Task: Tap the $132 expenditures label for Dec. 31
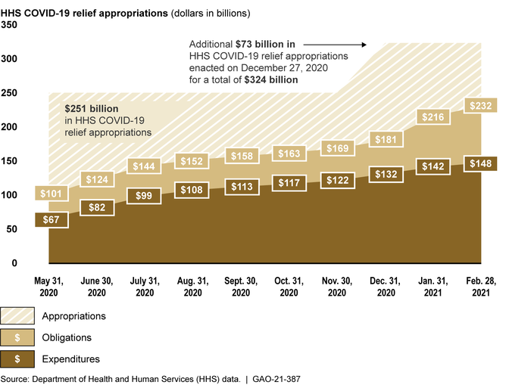pyautogui.click(x=385, y=175)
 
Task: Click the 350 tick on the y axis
pyautogui.click(x=10, y=25)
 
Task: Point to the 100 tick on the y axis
pyautogui.click(x=10, y=195)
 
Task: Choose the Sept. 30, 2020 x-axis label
pyautogui.click(x=241, y=287)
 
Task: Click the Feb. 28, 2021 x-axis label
pyautogui.click(x=480, y=287)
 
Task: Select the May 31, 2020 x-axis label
pyautogui.click(x=48, y=287)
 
